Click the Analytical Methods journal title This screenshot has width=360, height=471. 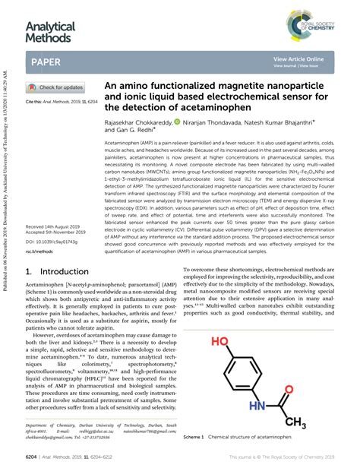click(51, 32)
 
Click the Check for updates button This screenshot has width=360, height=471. click(56, 87)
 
